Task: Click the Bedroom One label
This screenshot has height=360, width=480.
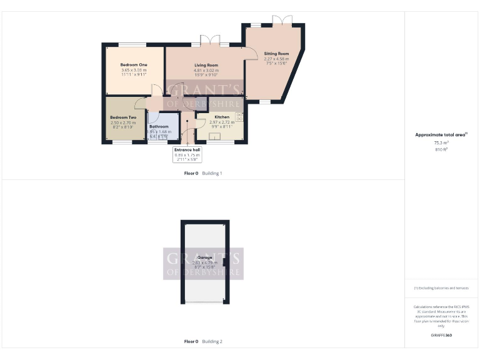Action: [134, 65]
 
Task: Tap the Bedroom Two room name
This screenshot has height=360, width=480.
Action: [123, 117]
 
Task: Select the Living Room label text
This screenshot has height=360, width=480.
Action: [206, 65]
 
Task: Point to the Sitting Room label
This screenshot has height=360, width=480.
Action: [276, 54]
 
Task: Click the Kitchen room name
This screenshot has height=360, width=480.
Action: [222, 117]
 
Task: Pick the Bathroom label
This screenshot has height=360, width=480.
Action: [159, 126]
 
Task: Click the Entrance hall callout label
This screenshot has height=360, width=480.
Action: [187, 150]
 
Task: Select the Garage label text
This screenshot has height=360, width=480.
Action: [204, 257]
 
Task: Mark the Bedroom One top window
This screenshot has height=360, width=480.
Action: [132, 44]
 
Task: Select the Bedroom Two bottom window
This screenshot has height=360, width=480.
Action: [122, 142]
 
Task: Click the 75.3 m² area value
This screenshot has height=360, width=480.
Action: [441, 142]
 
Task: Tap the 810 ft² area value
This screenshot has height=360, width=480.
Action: [441, 149]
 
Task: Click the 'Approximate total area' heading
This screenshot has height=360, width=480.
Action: [441, 134]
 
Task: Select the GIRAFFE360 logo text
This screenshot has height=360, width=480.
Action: [441, 336]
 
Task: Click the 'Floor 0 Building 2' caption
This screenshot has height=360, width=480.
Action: [203, 341]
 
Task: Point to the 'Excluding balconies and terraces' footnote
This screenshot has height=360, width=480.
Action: [441, 288]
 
